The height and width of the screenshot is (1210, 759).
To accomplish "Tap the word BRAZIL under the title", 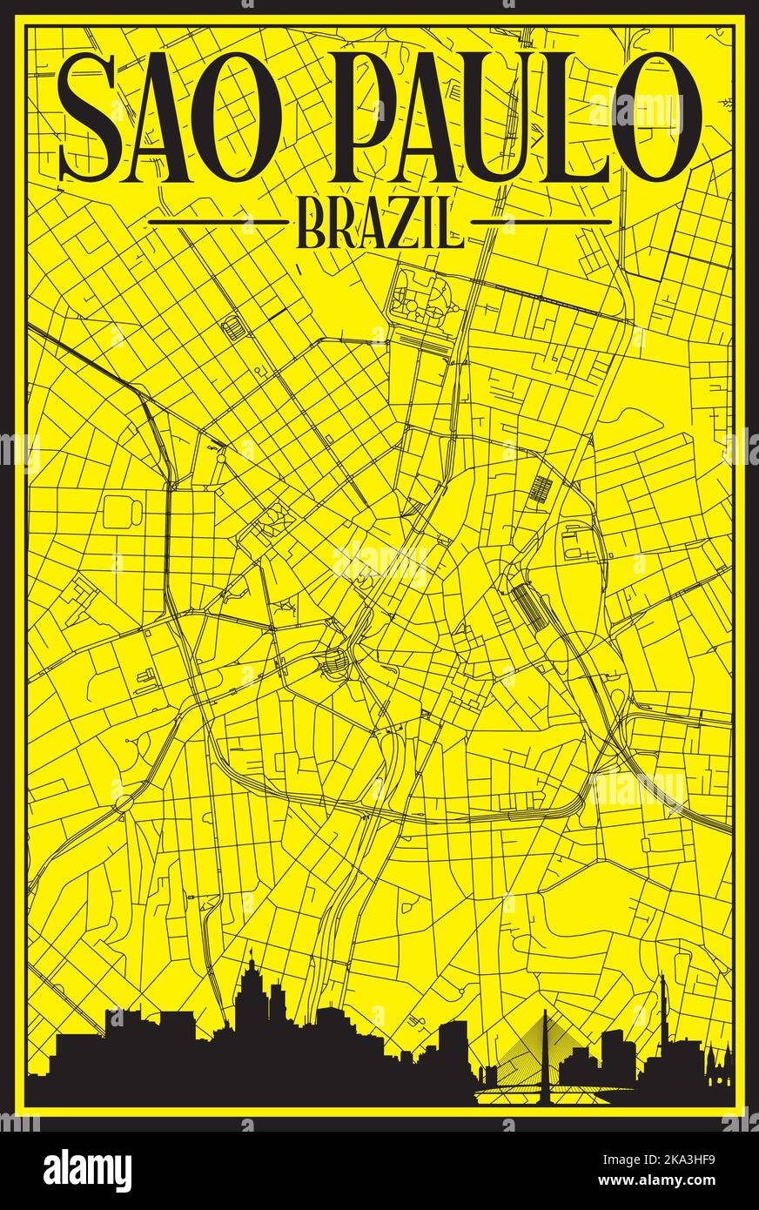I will tap(380, 228).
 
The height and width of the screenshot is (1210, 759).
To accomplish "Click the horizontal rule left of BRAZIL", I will tap(218, 222).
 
